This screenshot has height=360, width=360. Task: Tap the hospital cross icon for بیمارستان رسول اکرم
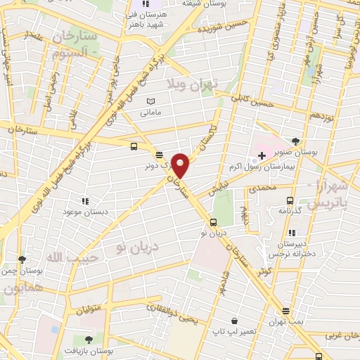pos(262,155)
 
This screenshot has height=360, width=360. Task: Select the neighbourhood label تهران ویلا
pos(193,84)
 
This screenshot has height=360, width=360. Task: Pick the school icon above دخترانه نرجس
pos(291,233)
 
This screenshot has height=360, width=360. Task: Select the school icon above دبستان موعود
pos(85,200)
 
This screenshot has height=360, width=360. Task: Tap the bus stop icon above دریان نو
pos(214,223)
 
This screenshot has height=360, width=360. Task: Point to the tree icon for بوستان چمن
pos(23,259)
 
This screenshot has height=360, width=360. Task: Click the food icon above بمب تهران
pos(285,310)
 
